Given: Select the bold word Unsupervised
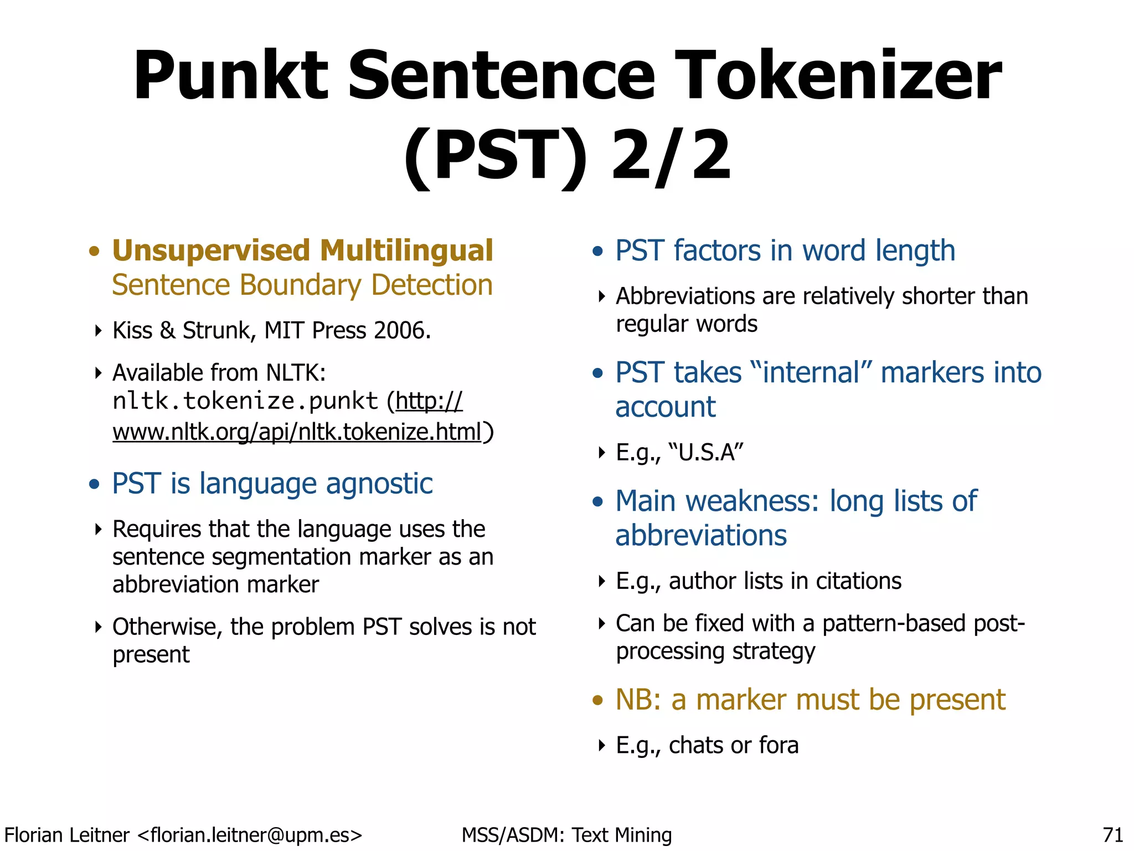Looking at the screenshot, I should [211, 250].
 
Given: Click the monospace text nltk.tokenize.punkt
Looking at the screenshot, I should [245, 401].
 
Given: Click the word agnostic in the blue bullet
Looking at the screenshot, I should [379, 484].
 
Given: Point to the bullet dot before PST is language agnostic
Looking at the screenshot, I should [94, 484].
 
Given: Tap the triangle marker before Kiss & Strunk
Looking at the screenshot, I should [99, 331].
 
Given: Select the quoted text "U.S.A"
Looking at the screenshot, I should [706, 453].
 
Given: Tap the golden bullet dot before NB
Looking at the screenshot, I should [597, 700].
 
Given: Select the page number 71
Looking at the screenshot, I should [1112, 835].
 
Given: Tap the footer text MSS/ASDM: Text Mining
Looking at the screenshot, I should [566, 835].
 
